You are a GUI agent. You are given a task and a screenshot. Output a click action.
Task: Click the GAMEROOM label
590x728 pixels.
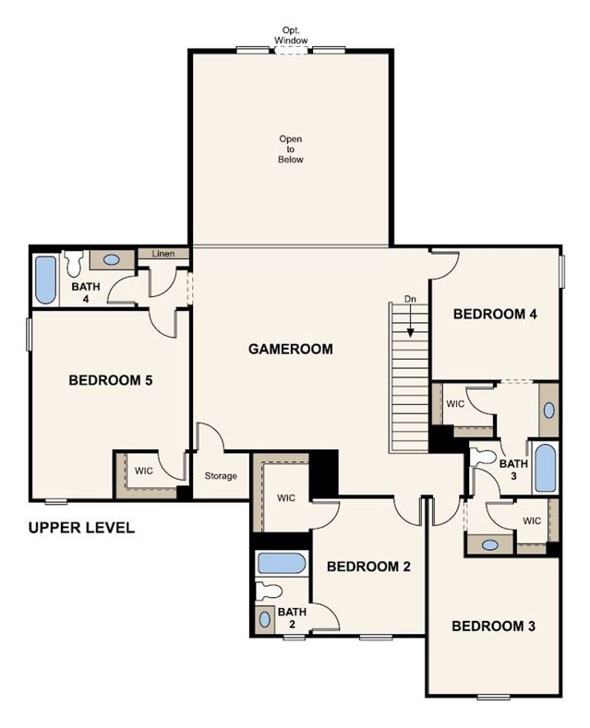[290, 349]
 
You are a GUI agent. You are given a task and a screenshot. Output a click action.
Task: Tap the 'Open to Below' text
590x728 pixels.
[290, 149]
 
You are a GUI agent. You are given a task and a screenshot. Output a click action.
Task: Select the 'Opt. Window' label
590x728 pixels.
[290, 36]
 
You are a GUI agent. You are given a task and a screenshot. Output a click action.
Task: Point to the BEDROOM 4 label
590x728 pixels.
[495, 314]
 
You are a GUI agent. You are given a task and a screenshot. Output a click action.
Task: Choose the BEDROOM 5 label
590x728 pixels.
[111, 380]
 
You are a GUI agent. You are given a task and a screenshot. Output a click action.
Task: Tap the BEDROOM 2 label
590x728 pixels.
[368, 567]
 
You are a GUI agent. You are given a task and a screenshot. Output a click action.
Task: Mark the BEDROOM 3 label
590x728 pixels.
[493, 626]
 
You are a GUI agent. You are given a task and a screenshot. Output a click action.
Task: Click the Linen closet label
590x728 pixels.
[163, 254]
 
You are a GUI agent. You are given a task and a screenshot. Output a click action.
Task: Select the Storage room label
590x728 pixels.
[221, 476]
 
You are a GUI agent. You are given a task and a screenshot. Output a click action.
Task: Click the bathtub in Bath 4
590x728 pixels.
[45, 280]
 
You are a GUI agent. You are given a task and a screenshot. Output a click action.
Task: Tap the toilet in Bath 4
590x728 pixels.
[73, 264]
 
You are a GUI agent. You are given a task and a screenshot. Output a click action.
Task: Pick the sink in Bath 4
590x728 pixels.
[111, 260]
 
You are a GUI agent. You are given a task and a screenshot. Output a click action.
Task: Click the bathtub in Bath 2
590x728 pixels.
[282, 563]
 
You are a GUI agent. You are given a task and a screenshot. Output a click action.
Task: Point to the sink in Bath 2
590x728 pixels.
[265, 619]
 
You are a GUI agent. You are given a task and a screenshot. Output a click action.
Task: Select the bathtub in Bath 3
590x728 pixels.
[545, 468]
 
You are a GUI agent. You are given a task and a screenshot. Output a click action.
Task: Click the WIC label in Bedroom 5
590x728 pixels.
[143, 471]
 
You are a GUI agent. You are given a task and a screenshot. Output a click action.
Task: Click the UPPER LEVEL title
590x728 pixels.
[81, 528]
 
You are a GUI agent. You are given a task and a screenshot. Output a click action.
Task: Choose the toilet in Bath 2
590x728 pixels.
[269, 591]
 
